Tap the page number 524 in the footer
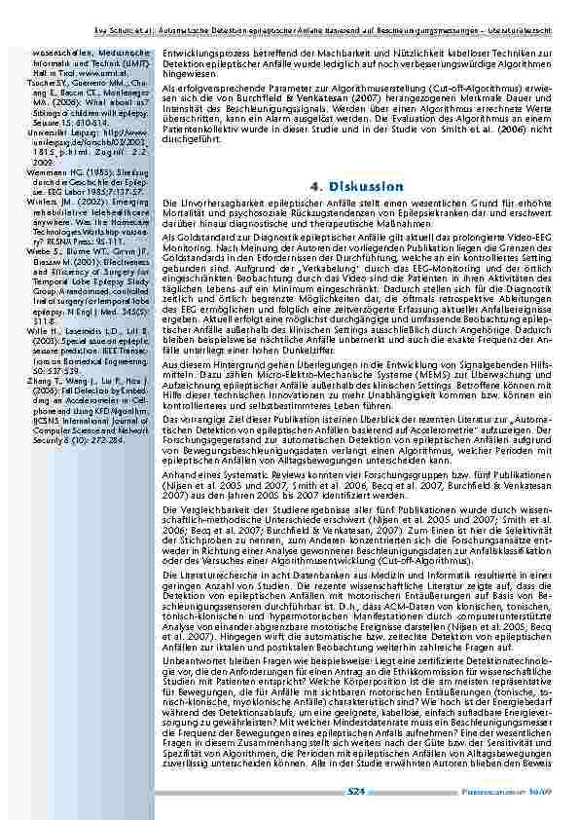[356, 792]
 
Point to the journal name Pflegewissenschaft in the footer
[512, 792]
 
